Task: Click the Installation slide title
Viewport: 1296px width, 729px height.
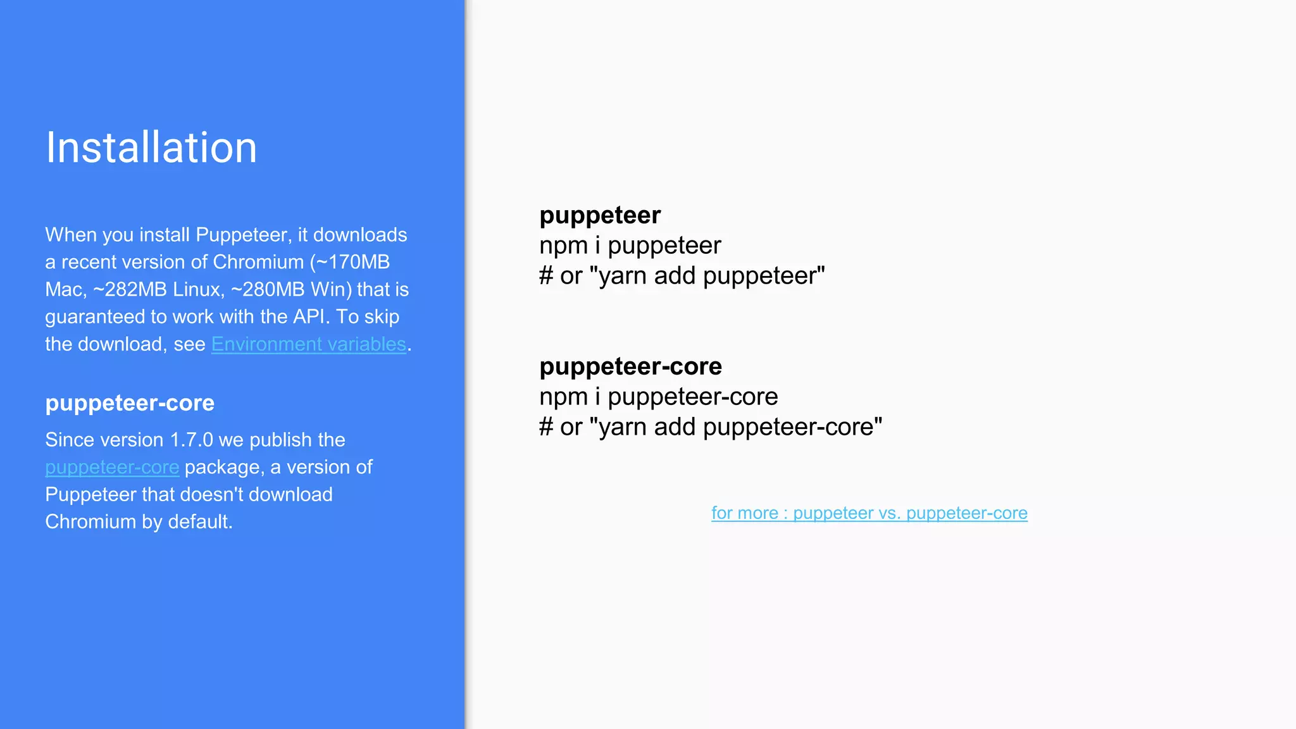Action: pyautogui.click(x=151, y=148)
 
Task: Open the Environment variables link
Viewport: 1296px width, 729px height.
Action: pyautogui.click(x=308, y=344)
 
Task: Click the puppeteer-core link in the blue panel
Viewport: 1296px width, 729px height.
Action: pyautogui.click(x=112, y=468)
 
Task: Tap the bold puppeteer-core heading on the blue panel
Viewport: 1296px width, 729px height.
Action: pyautogui.click(x=130, y=403)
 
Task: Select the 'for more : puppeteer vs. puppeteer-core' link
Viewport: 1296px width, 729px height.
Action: pyautogui.click(x=869, y=513)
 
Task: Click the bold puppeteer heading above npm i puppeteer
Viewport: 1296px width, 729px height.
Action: pyautogui.click(x=599, y=216)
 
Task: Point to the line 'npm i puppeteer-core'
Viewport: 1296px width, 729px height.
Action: pyautogui.click(x=658, y=397)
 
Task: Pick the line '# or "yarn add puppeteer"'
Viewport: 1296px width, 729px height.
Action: pyautogui.click(x=682, y=276)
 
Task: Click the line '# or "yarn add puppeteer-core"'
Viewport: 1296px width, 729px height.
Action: pyautogui.click(x=710, y=427)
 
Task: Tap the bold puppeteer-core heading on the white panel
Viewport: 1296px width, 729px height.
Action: pyautogui.click(x=630, y=366)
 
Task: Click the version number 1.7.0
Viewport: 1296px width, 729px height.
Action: pyautogui.click(x=192, y=440)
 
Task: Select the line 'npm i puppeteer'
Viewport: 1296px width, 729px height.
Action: pyautogui.click(x=630, y=246)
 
